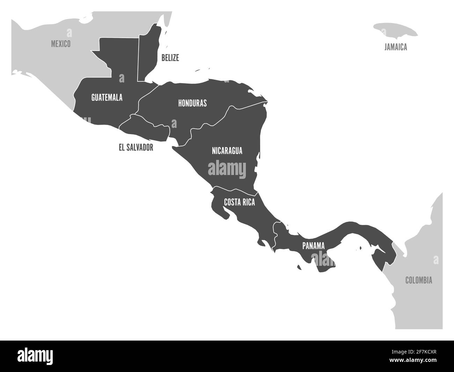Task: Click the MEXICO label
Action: click(61, 44)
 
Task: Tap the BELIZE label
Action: click(170, 58)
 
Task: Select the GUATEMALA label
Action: click(107, 97)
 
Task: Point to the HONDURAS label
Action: click(192, 103)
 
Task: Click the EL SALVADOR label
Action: click(136, 147)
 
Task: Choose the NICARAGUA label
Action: click(227, 151)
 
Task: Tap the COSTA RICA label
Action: click(239, 202)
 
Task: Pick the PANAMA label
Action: click(313, 246)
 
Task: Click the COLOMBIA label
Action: click(418, 280)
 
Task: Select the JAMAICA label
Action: click(396, 47)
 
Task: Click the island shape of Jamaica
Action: click(395, 30)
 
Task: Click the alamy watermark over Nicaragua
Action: click(227, 169)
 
